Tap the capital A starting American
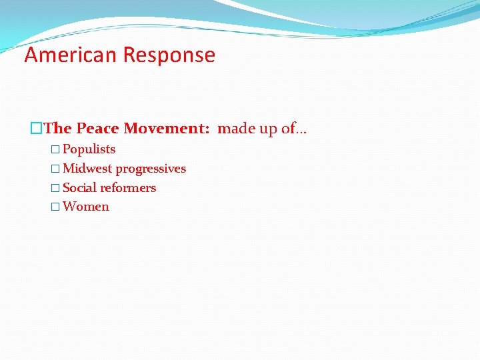pos(31,55)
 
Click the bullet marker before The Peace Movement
pos(37,128)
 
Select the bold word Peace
pos(98,128)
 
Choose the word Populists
pos(89,149)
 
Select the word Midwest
pos(87,169)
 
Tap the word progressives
pos(151,169)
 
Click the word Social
pos(79,188)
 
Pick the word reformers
pos(128,188)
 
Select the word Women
pos(85,207)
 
